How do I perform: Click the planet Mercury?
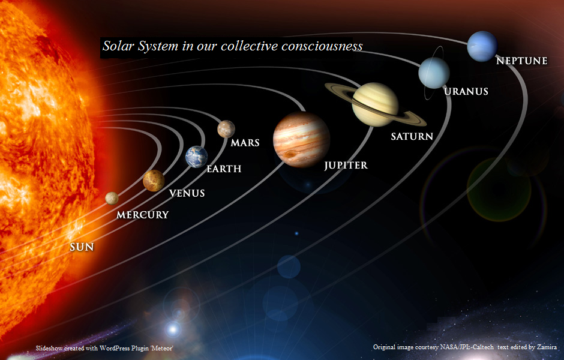pyautogui.click(x=112, y=198)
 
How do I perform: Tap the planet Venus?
pyautogui.click(x=154, y=181)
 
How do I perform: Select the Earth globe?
pyautogui.click(x=196, y=157)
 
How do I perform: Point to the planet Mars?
pyautogui.click(x=226, y=129)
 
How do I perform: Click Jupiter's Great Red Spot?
pyautogui.click(x=290, y=154)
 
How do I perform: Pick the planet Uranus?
pyautogui.click(x=434, y=73)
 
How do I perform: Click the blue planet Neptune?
pyautogui.click(x=482, y=46)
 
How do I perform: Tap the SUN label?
pyautogui.click(x=82, y=247)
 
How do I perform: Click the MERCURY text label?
pyautogui.click(x=142, y=215)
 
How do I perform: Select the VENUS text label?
pyautogui.click(x=187, y=193)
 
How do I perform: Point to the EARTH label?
pyautogui.click(x=224, y=169)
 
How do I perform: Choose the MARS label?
pyautogui.click(x=245, y=143)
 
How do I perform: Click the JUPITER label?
pyautogui.click(x=346, y=166)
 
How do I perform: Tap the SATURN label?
pyautogui.click(x=412, y=136)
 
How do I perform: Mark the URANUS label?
pyautogui.click(x=466, y=91)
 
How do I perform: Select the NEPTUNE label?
pyautogui.click(x=522, y=61)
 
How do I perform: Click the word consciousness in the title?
pyautogui.click(x=322, y=46)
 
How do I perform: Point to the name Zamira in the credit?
pyautogui.click(x=547, y=347)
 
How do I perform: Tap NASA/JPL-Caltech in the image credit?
pyautogui.click(x=467, y=347)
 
